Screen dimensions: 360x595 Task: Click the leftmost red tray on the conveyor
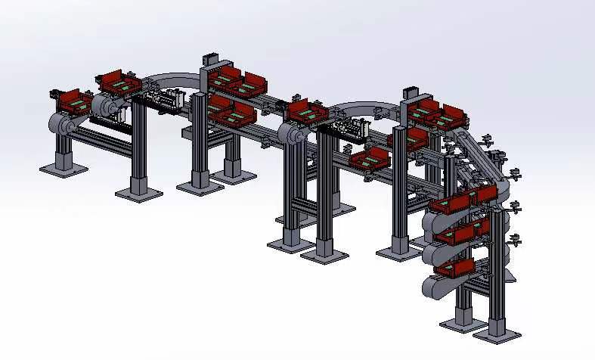click(x=74, y=99)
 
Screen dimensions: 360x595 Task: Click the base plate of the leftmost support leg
click(x=63, y=169)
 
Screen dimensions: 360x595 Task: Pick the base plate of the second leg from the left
click(x=139, y=193)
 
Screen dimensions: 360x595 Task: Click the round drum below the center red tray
click(x=290, y=137)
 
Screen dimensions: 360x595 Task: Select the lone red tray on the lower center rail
click(x=370, y=160)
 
